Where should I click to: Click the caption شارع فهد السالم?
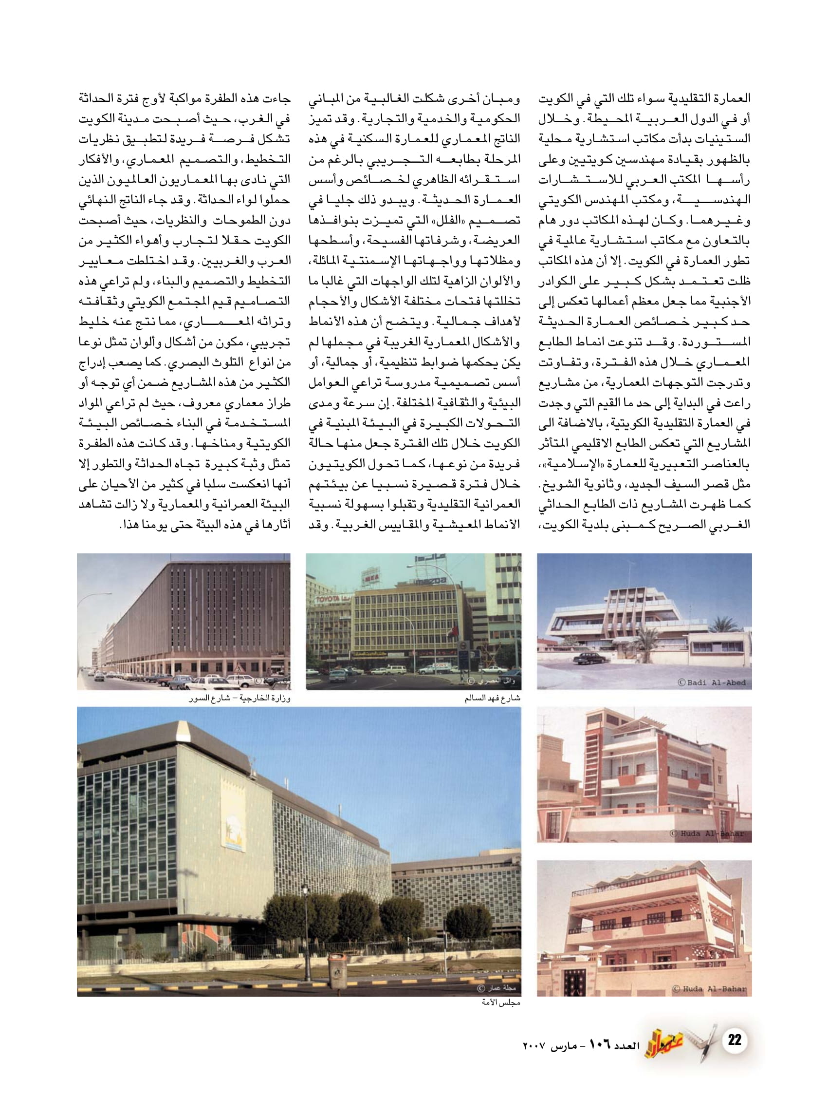(x=492, y=699)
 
